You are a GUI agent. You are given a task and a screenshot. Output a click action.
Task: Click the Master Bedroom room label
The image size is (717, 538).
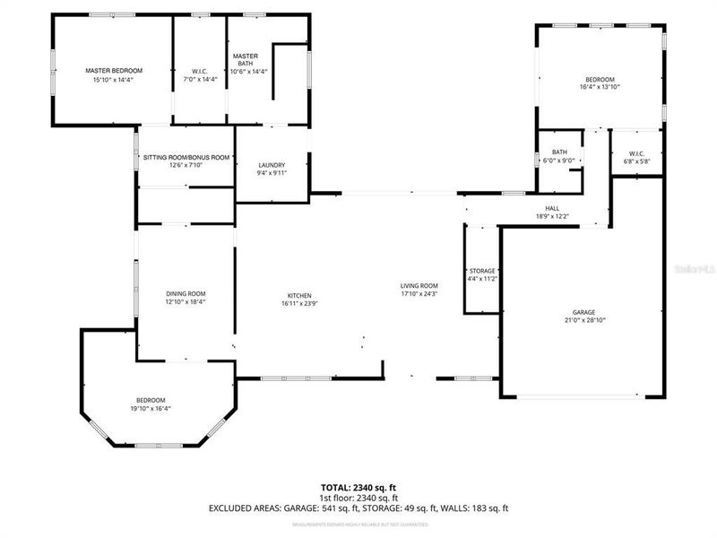[x=114, y=70]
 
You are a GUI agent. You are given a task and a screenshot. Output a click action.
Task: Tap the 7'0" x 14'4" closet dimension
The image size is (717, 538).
[x=199, y=80]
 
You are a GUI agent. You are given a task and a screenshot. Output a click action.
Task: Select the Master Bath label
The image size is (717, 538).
[x=246, y=59]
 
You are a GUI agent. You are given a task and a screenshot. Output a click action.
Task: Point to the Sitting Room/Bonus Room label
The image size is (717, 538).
[x=186, y=158]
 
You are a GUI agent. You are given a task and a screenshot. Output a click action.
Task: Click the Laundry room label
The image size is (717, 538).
[x=272, y=165]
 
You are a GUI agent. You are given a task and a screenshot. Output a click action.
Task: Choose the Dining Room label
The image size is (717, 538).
[x=186, y=293]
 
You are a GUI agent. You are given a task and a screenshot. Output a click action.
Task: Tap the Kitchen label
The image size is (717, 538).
[x=298, y=295]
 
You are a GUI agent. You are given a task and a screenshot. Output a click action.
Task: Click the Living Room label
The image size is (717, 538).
[x=419, y=286]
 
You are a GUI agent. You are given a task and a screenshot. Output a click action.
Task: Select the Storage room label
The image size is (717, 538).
[x=482, y=271]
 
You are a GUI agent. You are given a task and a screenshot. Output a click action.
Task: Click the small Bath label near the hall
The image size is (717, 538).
[x=560, y=152]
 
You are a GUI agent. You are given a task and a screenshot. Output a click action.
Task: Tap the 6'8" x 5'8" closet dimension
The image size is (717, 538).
[x=636, y=161]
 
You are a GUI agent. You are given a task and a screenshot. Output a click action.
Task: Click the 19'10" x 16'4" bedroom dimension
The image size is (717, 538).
[x=151, y=409]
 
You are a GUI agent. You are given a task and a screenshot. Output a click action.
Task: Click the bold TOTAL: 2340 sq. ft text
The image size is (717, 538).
[x=358, y=487]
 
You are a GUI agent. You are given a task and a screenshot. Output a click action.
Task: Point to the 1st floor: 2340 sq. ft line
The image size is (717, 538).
[x=358, y=498]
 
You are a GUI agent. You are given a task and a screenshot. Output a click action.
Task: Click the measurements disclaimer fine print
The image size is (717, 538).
[x=358, y=523]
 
